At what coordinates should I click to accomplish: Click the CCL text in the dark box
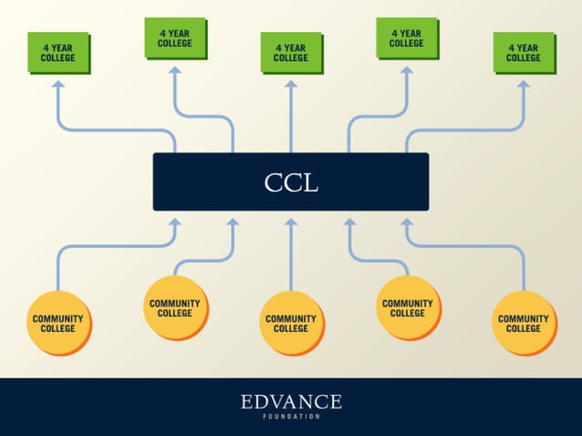coord(291,182)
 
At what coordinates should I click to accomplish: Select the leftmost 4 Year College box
coord(57,52)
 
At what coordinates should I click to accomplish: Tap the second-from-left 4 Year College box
coord(174,37)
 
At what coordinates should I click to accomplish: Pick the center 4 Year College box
coord(290,52)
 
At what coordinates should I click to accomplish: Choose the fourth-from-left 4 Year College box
coord(407,37)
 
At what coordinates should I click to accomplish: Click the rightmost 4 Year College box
coord(523,52)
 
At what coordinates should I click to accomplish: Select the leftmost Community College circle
coord(58,323)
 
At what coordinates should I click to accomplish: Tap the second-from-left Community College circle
coord(175,307)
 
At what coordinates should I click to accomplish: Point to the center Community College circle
coord(291,323)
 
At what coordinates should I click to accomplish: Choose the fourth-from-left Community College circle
coord(408,307)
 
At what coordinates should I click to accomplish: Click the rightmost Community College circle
coord(524,323)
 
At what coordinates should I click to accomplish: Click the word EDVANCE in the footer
coord(291,401)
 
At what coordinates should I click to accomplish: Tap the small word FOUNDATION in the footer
coord(291,417)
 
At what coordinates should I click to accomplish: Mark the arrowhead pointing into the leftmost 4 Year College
coord(58,84)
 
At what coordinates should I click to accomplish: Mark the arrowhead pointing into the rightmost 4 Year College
coord(524,84)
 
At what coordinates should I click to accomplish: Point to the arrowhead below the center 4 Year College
coord(291,84)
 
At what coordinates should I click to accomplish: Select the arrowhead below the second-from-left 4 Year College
coord(174,69)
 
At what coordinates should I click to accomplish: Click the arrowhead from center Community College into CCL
coord(291,222)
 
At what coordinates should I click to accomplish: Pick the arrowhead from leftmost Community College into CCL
coord(175,222)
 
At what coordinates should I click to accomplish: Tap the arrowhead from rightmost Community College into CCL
coord(407,222)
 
